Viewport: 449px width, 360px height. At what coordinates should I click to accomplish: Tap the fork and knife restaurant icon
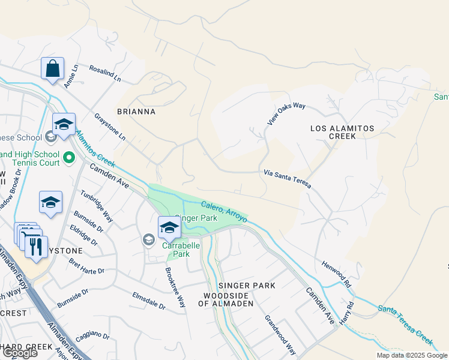(36, 247)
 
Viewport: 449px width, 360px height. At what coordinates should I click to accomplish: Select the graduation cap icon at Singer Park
(169, 228)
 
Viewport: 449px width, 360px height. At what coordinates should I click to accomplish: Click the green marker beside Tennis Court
(69, 158)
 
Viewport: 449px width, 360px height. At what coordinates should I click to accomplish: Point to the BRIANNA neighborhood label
(136, 112)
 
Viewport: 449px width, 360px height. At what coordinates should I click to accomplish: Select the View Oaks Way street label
(286, 113)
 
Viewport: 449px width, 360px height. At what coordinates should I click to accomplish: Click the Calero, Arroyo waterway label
(224, 212)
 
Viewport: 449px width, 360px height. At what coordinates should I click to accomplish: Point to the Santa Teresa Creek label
(406, 325)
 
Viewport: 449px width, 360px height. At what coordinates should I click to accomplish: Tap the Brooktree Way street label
(175, 287)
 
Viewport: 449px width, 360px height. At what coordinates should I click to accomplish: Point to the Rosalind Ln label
(105, 74)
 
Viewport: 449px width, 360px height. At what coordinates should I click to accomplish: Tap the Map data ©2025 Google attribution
(412, 355)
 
